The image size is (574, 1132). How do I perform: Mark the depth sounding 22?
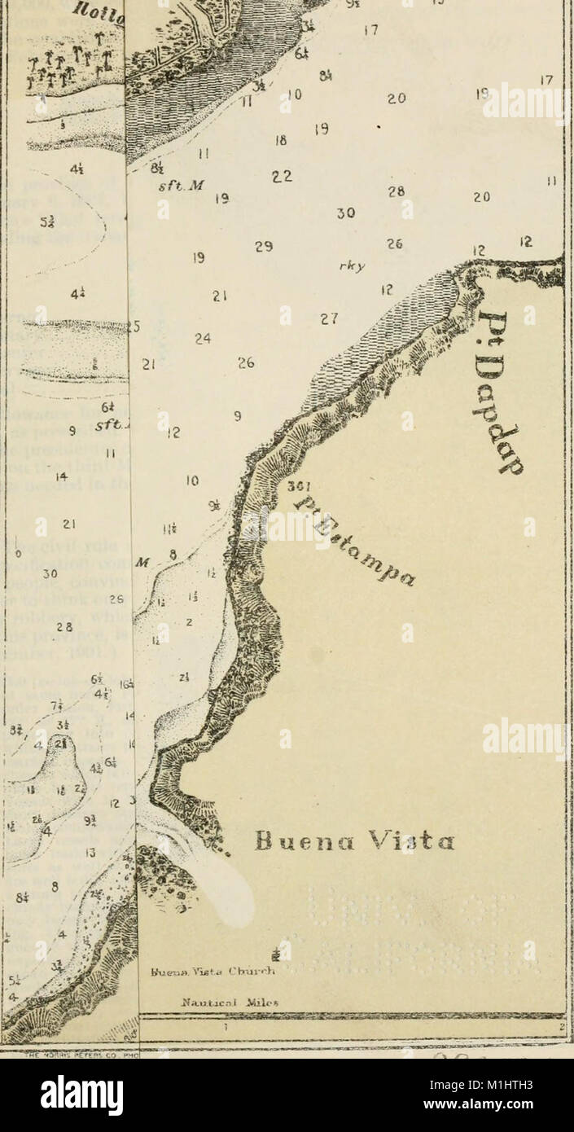click(x=282, y=177)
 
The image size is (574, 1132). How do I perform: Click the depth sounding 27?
click(x=329, y=319)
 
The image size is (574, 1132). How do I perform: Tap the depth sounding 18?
click(x=281, y=140)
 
